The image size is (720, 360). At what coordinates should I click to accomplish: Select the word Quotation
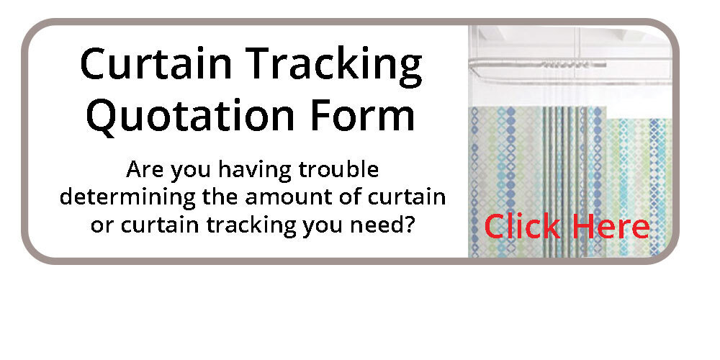189,115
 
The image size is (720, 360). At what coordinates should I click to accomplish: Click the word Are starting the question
145,169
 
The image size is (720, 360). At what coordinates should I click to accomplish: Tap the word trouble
339,169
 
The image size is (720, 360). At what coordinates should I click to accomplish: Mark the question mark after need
409,224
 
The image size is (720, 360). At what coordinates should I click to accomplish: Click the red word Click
523,226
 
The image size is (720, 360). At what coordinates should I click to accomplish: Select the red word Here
611,226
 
